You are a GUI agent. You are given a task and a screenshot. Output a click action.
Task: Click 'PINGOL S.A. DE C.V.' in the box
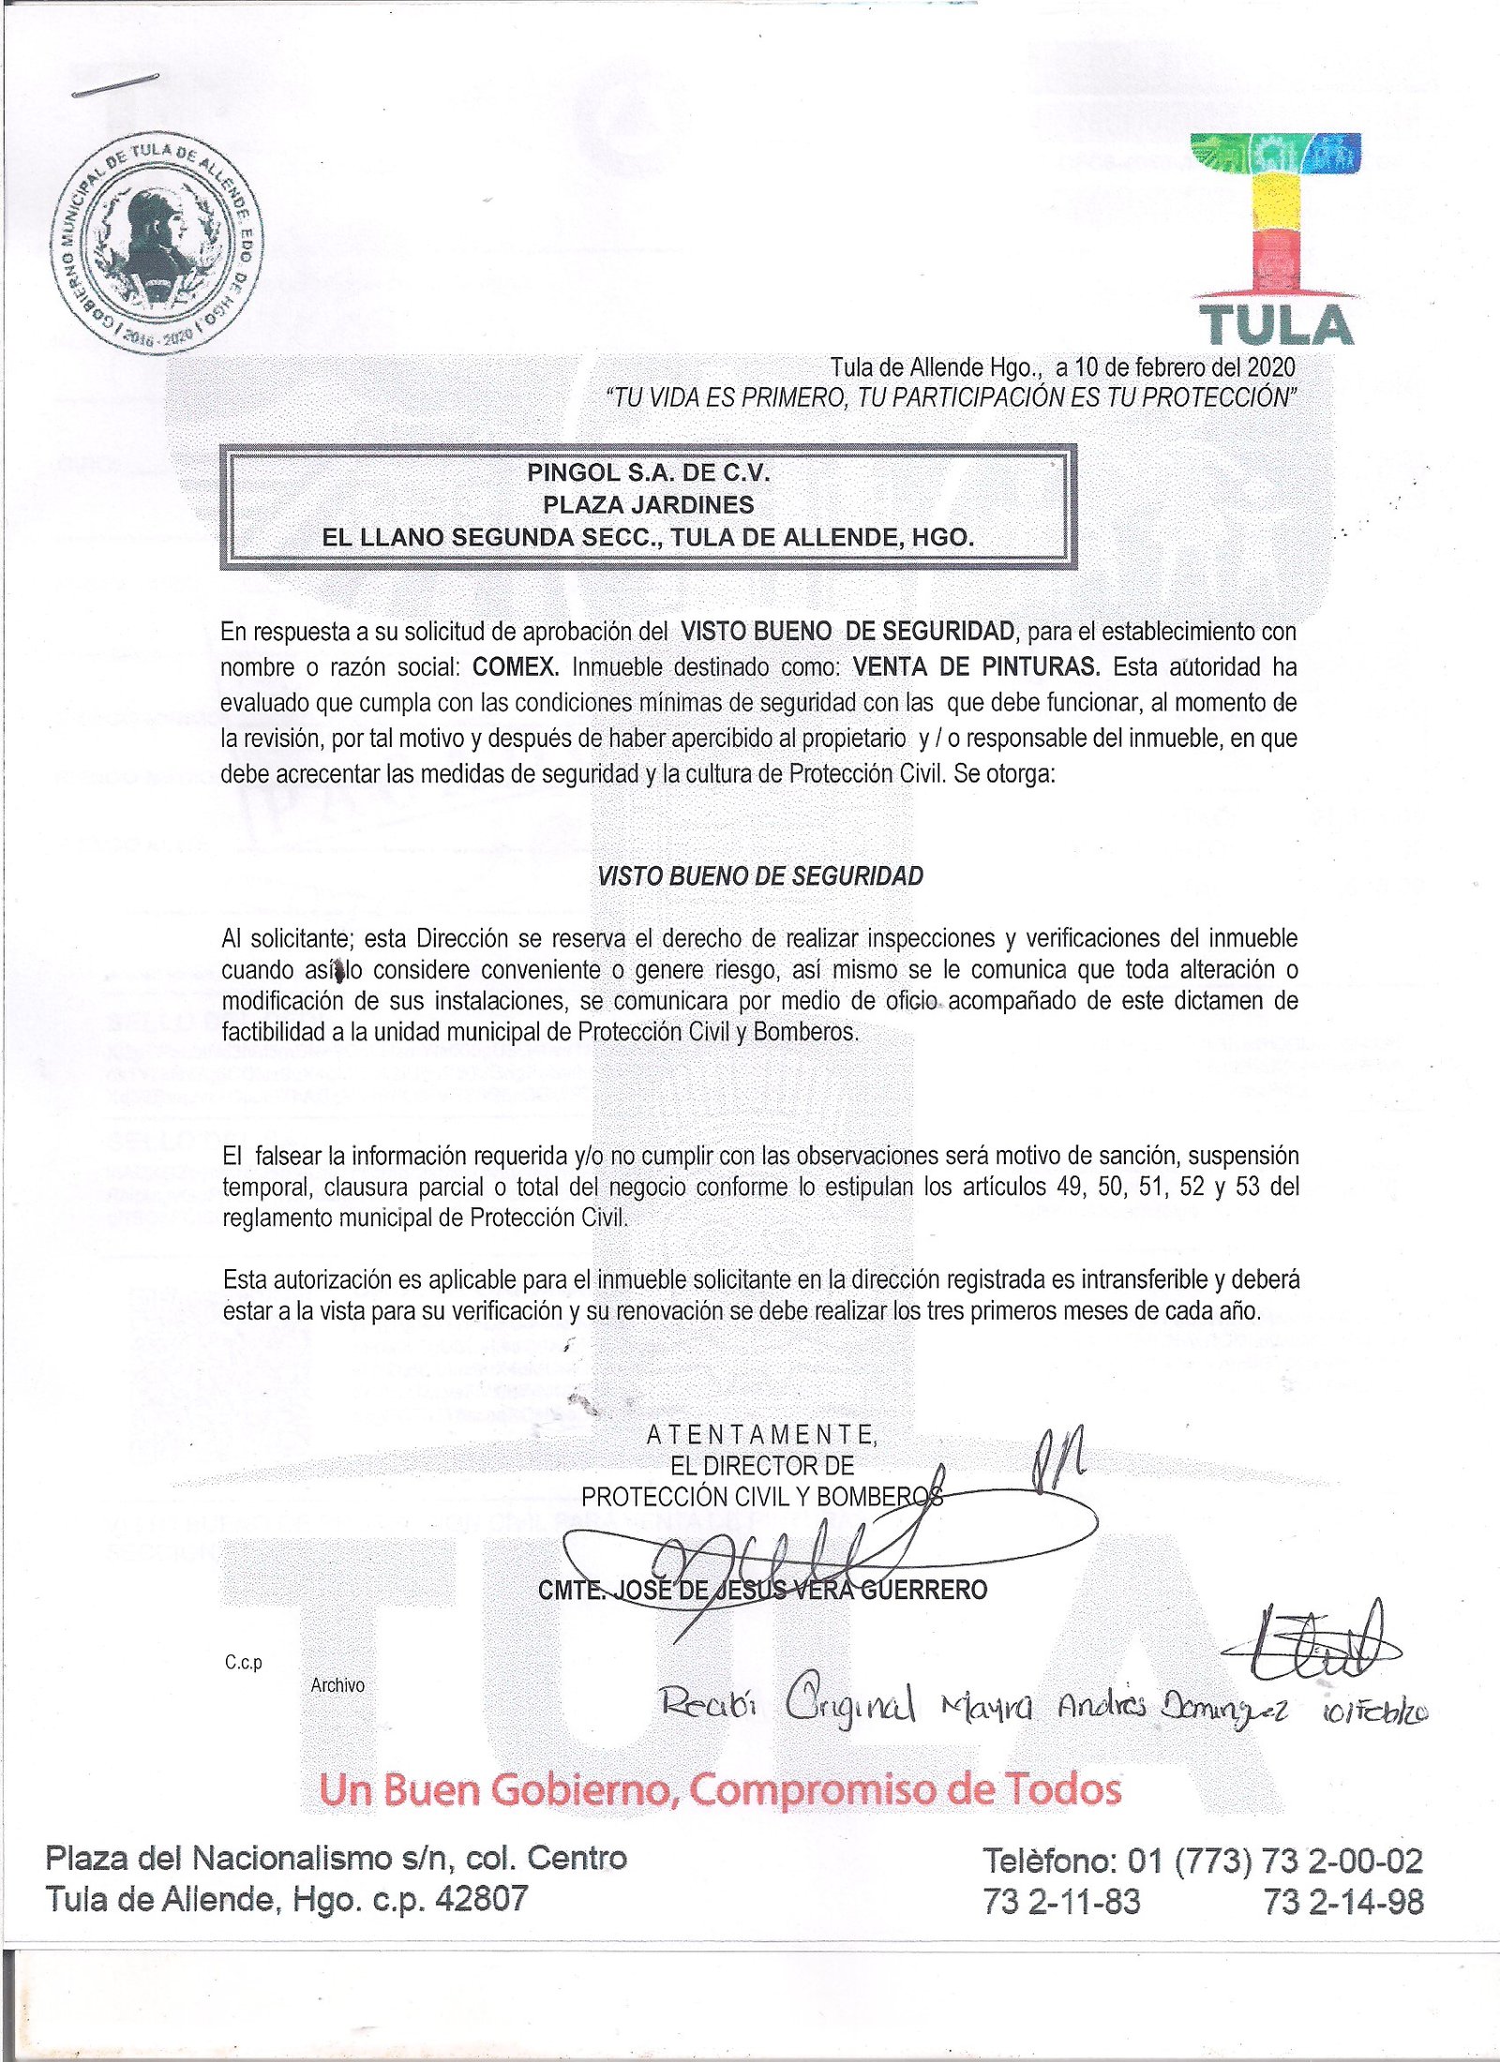[648, 472]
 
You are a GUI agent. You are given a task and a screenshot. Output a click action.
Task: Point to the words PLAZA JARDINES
[648, 505]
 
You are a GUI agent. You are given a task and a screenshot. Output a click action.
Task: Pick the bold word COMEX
[516, 667]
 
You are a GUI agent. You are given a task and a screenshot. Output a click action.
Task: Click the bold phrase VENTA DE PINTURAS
[976, 667]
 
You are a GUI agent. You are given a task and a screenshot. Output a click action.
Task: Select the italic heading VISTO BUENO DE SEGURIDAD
[760, 876]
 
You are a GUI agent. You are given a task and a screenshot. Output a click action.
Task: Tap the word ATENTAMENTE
[761, 1434]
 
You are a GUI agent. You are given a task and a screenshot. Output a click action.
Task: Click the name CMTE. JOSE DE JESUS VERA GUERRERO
[762, 1590]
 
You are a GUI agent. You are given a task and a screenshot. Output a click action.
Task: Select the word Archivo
[337, 1685]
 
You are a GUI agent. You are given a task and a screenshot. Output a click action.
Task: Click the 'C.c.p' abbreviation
[244, 1662]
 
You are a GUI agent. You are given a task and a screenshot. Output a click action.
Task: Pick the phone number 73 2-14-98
[1342, 1902]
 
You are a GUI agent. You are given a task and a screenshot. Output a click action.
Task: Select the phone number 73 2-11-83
[1061, 1902]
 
